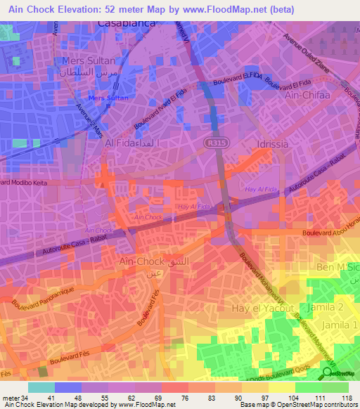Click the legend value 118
347,398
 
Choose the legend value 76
184,398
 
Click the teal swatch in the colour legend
41,387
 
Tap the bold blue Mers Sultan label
108,98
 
